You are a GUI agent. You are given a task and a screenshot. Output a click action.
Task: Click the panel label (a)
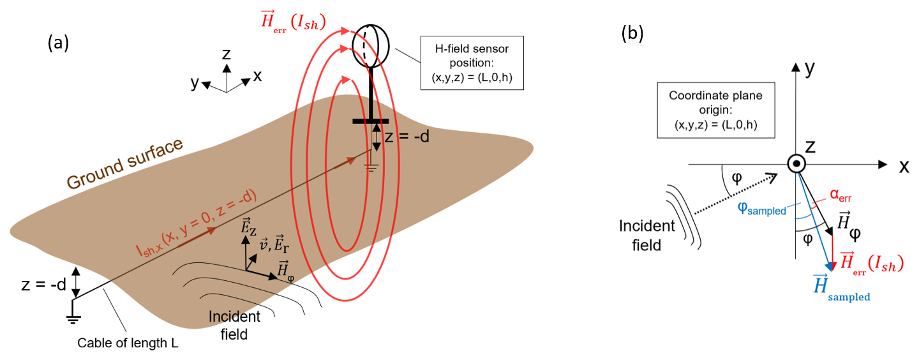click(57, 43)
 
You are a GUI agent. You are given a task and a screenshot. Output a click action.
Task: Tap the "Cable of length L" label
click(128, 343)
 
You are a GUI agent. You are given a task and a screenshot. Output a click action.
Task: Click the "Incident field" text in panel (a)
click(235, 325)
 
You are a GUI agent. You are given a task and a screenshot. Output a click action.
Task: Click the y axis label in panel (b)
click(810, 69)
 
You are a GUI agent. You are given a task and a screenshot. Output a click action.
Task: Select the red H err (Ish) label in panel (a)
click(293, 22)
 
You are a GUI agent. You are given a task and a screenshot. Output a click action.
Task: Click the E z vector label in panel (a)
click(246, 227)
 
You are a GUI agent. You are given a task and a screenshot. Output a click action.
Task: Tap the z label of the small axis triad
click(226, 54)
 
